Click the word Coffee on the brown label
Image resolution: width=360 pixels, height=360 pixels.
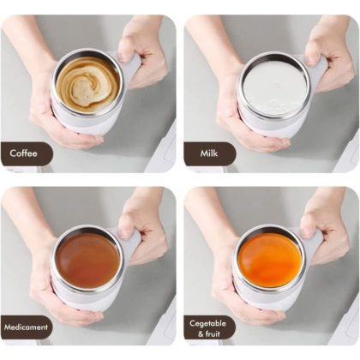[23, 153]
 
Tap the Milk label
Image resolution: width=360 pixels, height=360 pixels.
[209, 153]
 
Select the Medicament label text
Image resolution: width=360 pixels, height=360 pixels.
[26, 327]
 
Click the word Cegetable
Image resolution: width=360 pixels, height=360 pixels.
[207, 323]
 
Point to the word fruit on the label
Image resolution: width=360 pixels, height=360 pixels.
[213, 333]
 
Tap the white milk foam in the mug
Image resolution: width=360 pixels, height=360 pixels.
[274, 86]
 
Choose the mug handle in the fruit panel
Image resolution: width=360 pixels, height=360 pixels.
[315, 243]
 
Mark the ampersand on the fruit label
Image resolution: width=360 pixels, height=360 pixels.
[201, 334]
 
